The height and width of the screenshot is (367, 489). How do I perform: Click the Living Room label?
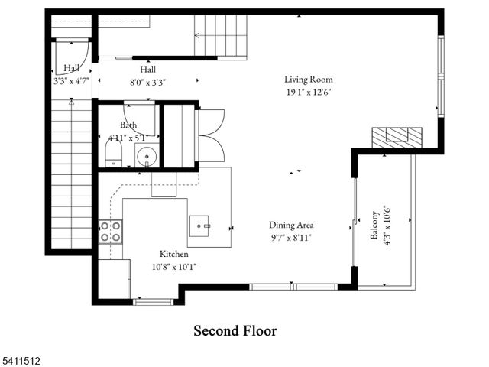pyautogui.click(x=308, y=79)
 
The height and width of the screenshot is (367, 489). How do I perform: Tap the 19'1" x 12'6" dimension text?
pyautogui.click(x=308, y=92)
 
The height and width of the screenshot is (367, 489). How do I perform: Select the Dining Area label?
pyautogui.click(x=291, y=225)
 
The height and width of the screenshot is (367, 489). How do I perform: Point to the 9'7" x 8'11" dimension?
pyautogui.click(x=291, y=238)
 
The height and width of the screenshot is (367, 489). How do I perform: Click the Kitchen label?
pyautogui.click(x=173, y=254)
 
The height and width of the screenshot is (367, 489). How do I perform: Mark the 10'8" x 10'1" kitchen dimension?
pyautogui.click(x=173, y=267)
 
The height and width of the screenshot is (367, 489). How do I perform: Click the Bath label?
pyautogui.click(x=128, y=125)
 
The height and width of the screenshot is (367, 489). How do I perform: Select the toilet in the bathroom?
pyautogui.click(x=113, y=154)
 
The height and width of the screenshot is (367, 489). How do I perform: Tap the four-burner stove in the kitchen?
pyautogui.click(x=111, y=231)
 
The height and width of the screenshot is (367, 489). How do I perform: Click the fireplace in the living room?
pyautogui.click(x=396, y=137)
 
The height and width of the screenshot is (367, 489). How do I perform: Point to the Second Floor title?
pyautogui.click(x=235, y=331)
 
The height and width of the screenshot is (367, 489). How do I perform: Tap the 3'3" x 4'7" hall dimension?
pyautogui.click(x=71, y=80)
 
